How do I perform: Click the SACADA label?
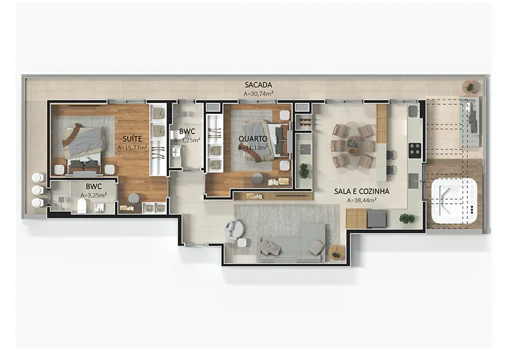pos(258,85)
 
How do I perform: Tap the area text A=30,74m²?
pos(259,94)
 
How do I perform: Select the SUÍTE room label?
pos(132,139)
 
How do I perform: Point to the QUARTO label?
pos(253,139)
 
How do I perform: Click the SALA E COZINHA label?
pos(361,192)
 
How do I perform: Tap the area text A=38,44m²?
pos(361,201)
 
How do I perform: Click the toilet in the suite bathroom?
pos(82,206)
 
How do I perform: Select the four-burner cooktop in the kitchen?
pos(415,150)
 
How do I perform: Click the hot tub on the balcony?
pos(454,203)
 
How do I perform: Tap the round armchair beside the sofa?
pos(234,228)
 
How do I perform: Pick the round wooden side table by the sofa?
pos(337,252)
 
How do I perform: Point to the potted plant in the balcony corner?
pos(470,87)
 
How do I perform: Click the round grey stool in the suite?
pos(133,198)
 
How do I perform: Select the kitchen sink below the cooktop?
pos(414,180)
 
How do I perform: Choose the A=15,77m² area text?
pos(132,148)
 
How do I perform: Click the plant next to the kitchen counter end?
pos(407,219)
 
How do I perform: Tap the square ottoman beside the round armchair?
pos(243,242)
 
